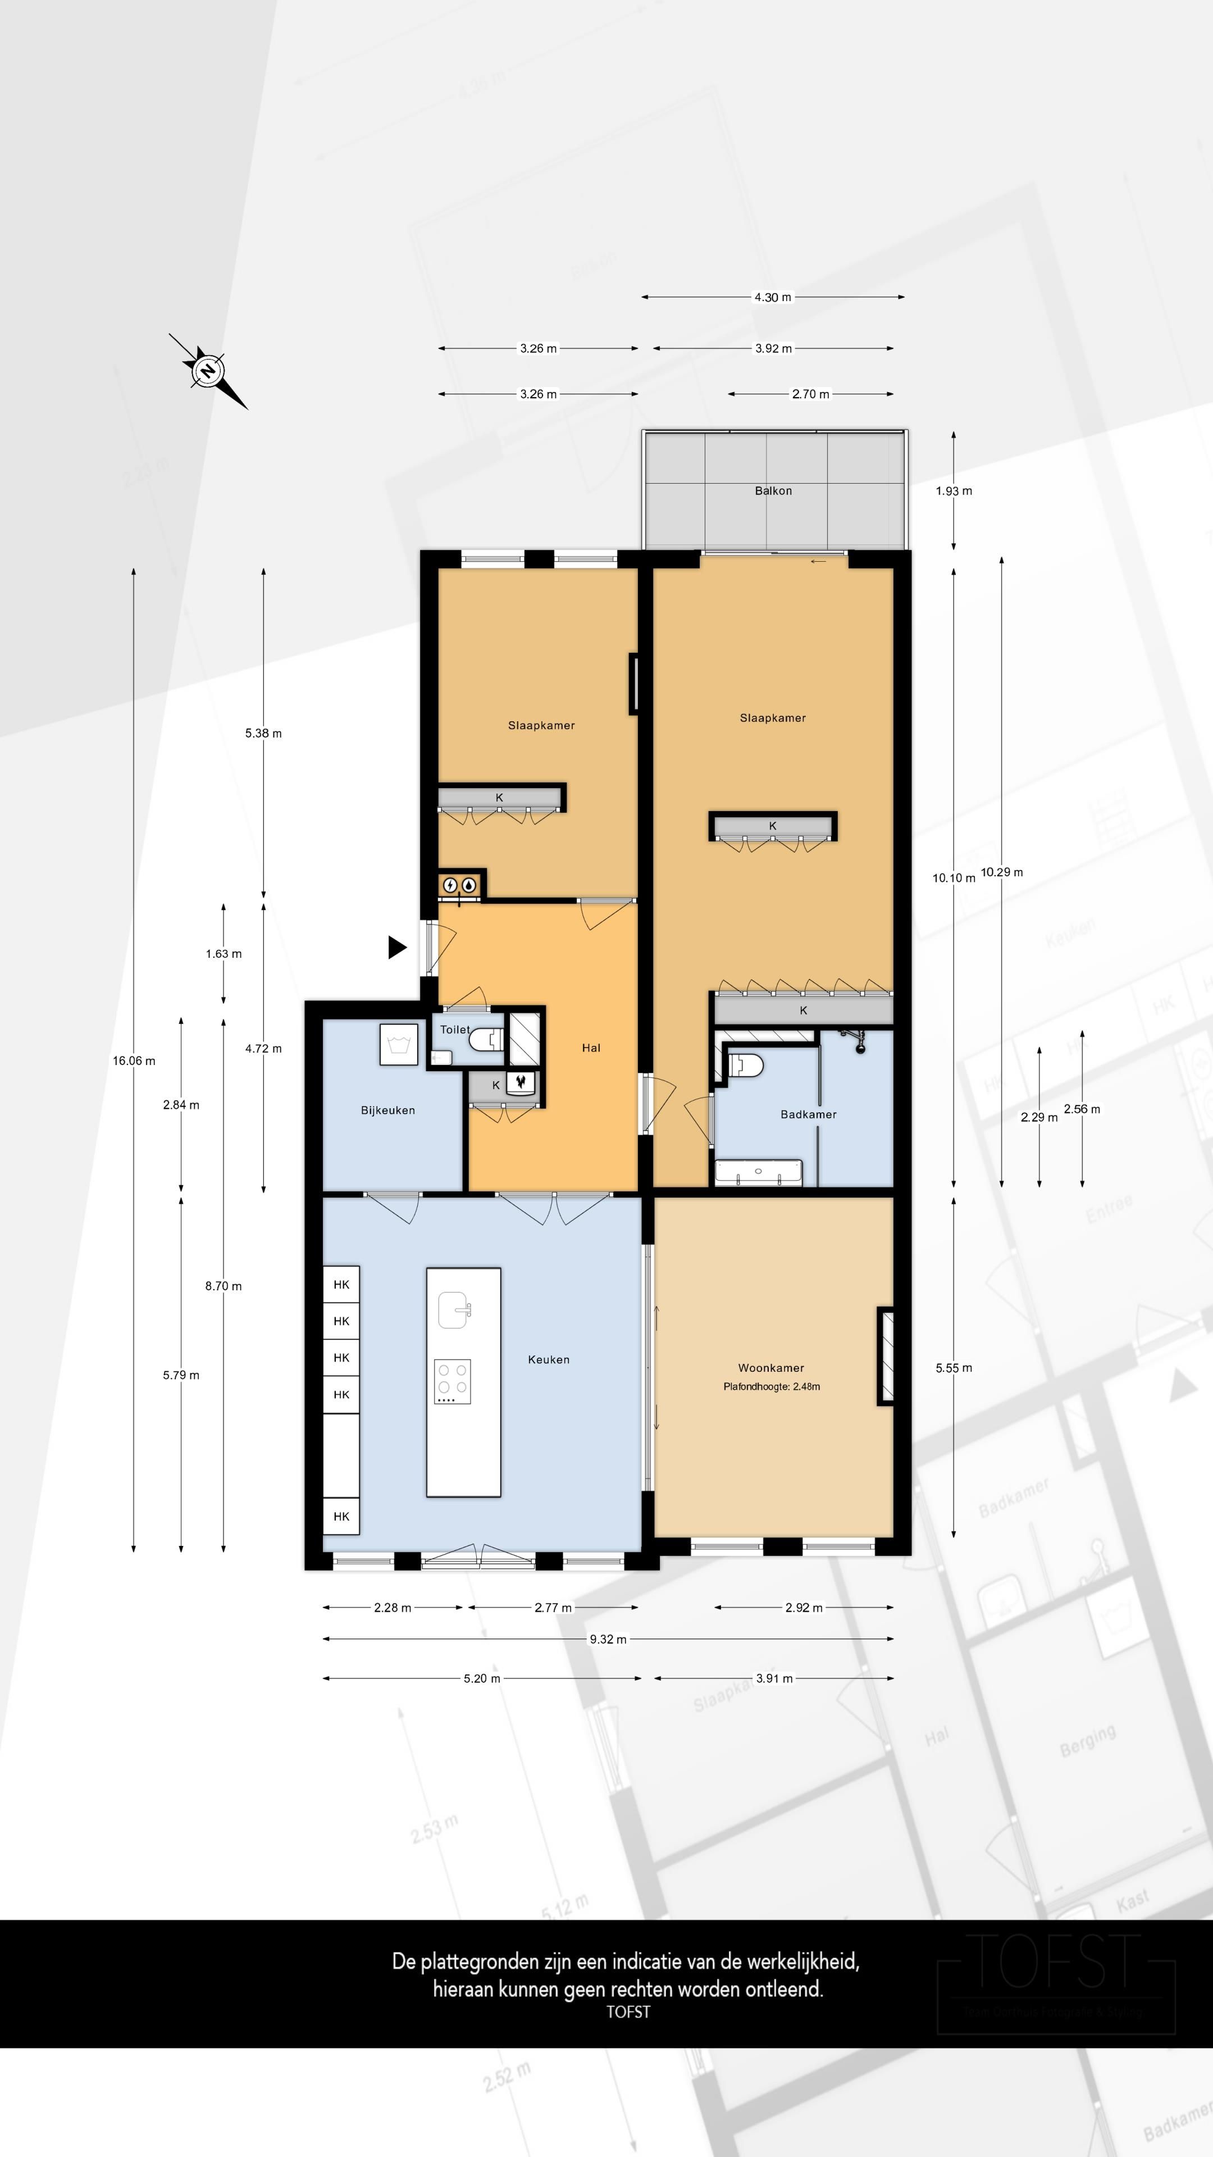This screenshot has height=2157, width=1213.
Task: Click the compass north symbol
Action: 208,370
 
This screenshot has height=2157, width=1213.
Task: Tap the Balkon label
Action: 773,491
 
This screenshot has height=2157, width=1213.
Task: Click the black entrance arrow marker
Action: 397,947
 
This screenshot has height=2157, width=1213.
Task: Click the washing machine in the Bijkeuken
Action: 399,1044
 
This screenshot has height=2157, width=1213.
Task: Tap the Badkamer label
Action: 808,1114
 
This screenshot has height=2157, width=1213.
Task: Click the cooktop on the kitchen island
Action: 452,1381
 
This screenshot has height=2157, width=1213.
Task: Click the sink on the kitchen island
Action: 453,1309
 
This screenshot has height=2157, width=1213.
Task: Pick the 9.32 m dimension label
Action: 608,1639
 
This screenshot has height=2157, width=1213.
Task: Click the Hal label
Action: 591,1048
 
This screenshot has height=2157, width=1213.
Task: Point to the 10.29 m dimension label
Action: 1001,872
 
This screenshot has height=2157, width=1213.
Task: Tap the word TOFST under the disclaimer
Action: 628,2012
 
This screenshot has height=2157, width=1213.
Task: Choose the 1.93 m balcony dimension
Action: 954,491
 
